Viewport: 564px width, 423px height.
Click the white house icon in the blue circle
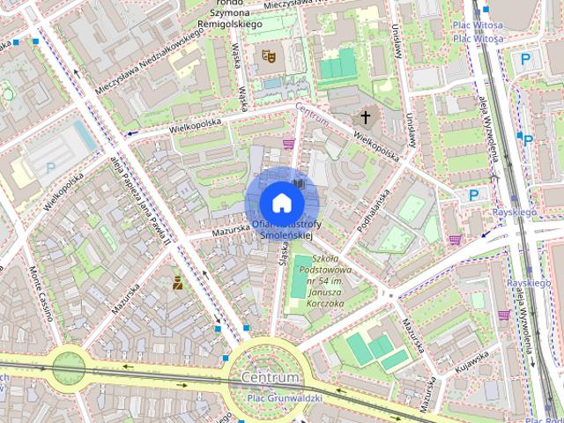tap(281, 203)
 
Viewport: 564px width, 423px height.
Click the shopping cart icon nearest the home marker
tap(288, 143)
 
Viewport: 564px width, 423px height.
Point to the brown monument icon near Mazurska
tap(177, 282)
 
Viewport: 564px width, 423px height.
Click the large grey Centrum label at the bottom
tap(270, 378)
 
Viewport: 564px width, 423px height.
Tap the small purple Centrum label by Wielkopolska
tap(312, 114)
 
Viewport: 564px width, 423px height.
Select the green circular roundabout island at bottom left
tap(67, 366)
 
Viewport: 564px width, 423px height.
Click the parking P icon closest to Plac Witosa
tap(526, 59)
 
